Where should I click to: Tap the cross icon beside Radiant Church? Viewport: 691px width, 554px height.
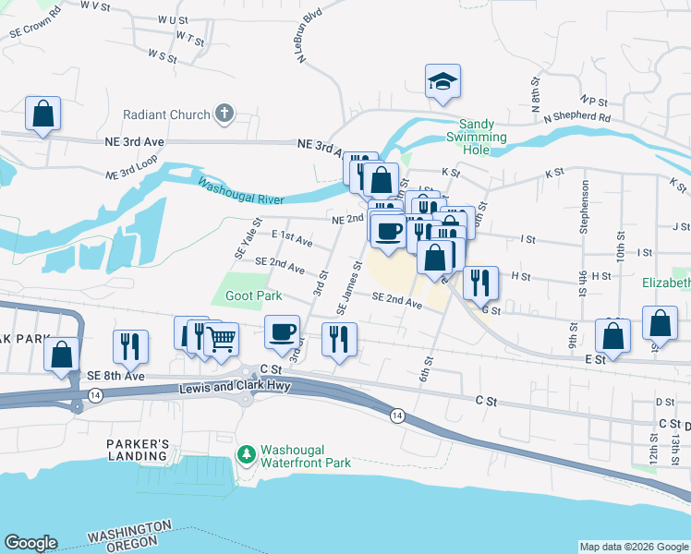pos(223,115)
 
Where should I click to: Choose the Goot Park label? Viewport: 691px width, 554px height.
pos(253,296)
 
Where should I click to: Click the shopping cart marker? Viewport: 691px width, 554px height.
pos(221,340)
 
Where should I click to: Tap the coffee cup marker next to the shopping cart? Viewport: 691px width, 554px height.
pos(282,332)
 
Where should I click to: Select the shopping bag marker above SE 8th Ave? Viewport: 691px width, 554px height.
pos(61,355)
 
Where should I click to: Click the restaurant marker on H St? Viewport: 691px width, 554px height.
pos(479,283)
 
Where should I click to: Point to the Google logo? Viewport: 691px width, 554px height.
pos(30,543)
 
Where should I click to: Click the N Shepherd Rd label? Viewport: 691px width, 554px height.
pos(577,118)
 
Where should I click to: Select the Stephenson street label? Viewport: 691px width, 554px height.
pos(585,202)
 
